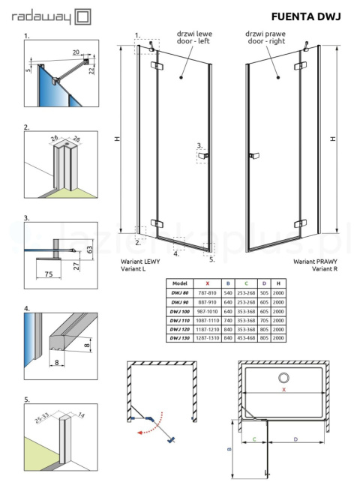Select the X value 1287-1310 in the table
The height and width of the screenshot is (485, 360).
coord(207,339)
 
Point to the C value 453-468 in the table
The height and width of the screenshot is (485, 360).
coord(245,339)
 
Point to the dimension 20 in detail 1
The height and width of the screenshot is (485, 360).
coord(76,52)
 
